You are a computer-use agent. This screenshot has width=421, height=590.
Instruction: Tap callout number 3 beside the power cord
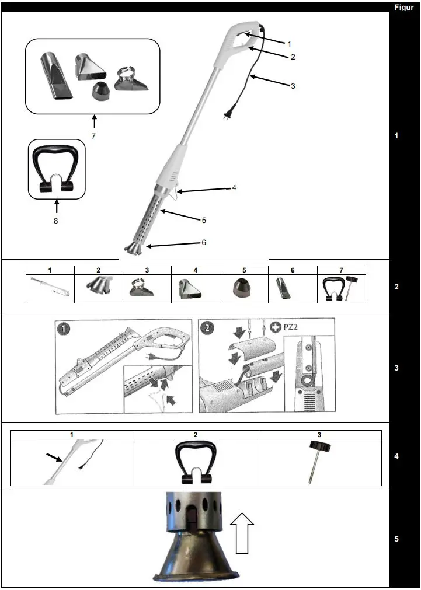(x=293, y=86)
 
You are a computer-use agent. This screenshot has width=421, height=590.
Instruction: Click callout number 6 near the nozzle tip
(x=203, y=242)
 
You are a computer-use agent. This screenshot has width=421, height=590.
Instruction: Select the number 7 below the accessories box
(x=93, y=136)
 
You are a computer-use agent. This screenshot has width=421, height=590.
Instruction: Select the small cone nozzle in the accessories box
(x=103, y=90)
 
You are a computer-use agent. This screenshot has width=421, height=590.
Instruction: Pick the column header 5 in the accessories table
(x=244, y=270)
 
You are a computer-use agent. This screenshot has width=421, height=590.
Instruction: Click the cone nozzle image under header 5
(x=244, y=288)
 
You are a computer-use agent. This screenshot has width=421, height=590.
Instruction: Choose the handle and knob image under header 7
(x=341, y=288)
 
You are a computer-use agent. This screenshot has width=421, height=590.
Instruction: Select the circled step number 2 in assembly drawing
(x=207, y=328)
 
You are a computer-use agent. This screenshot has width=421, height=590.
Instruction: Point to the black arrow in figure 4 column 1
(x=54, y=458)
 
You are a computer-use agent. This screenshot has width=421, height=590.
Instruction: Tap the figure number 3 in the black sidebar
(x=396, y=368)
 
